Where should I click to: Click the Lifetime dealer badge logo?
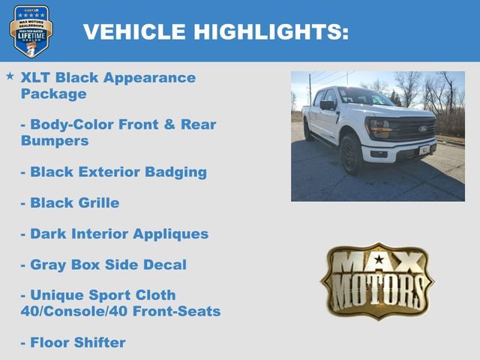[31, 31]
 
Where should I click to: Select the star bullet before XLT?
[10, 76]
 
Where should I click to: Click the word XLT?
[37, 77]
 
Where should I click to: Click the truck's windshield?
[364, 97]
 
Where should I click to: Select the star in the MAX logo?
[378, 260]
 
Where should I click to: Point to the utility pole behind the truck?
[310, 90]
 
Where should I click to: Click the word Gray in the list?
[49, 264]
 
